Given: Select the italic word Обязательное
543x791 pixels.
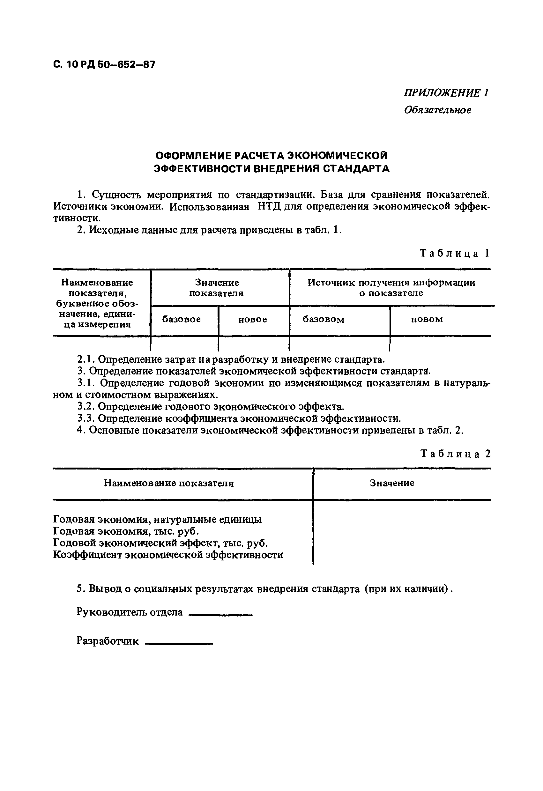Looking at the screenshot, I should click(x=437, y=110).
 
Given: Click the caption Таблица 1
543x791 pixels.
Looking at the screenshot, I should click(x=455, y=253).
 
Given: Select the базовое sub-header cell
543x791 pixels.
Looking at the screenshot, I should click(x=182, y=319).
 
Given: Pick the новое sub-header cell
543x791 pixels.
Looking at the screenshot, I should click(x=252, y=319).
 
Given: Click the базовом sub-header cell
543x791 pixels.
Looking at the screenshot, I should click(x=324, y=319).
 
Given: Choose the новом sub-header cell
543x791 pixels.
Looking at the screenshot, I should click(x=427, y=319).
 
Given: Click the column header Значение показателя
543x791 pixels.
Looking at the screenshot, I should click(x=217, y=288).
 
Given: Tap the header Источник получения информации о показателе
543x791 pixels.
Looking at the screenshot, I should click(x=391, y=288).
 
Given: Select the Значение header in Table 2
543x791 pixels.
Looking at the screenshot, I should click(x=392, y=483).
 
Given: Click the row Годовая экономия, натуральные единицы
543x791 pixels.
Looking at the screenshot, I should click(x=158, y=520).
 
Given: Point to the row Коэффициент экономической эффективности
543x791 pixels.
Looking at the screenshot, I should click(x=168, y=555).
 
